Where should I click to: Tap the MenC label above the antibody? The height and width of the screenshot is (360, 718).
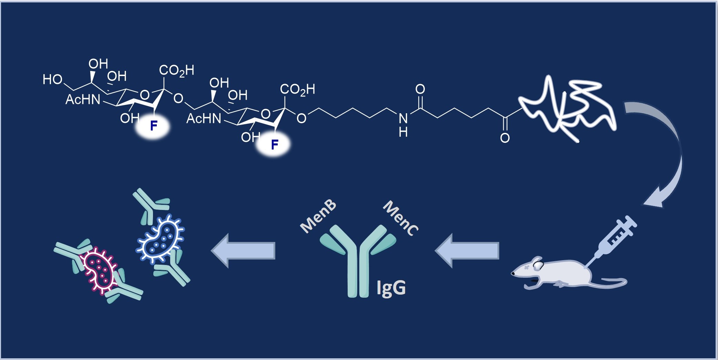[x=401, y=218]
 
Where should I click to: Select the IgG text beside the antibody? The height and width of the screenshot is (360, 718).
[x=391, y=288]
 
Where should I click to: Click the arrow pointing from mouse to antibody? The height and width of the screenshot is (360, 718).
[x=467, y=250]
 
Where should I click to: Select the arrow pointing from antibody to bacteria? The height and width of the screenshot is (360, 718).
[x=243, y=250]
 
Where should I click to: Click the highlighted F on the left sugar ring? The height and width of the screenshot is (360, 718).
[x=154, y=126]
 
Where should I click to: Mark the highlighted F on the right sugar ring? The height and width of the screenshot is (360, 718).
[x=274, y=145]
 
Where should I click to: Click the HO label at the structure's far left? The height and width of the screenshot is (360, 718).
[x=52, y=80]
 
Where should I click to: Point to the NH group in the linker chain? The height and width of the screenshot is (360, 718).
[x=403, y=125]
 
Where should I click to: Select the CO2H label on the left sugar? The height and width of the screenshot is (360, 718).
[x=176, y=70]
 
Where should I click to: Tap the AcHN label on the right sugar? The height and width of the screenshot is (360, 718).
[x=204, y=119]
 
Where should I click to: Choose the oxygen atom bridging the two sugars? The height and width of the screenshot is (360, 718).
[x=178, y=99]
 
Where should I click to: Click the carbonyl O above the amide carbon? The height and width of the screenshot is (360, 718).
[x=420, y=89]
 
